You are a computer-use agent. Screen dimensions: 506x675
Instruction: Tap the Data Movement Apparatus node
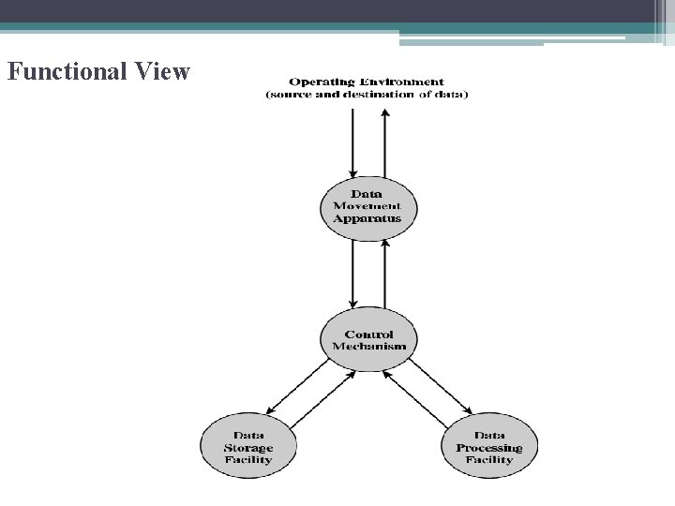[x=367, y=206]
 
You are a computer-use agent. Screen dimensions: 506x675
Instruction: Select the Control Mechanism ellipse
[x=368, y=340]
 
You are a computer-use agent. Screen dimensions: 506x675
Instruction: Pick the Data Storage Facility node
[x=248, y=447]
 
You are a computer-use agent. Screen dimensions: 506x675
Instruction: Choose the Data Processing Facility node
[x=489, y=447]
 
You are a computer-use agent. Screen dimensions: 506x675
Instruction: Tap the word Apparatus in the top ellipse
[x=367, y=218]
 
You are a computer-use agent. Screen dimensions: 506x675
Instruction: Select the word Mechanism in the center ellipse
[x=369, y=347]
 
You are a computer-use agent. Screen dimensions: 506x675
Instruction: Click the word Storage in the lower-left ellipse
[x=248, y=448]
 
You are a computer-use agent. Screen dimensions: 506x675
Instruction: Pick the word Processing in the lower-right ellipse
[x=489, y=448]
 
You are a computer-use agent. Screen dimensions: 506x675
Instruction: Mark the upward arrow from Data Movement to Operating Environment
[x=384, y=141]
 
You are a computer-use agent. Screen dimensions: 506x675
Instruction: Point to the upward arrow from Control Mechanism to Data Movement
[x=384, y=274]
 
